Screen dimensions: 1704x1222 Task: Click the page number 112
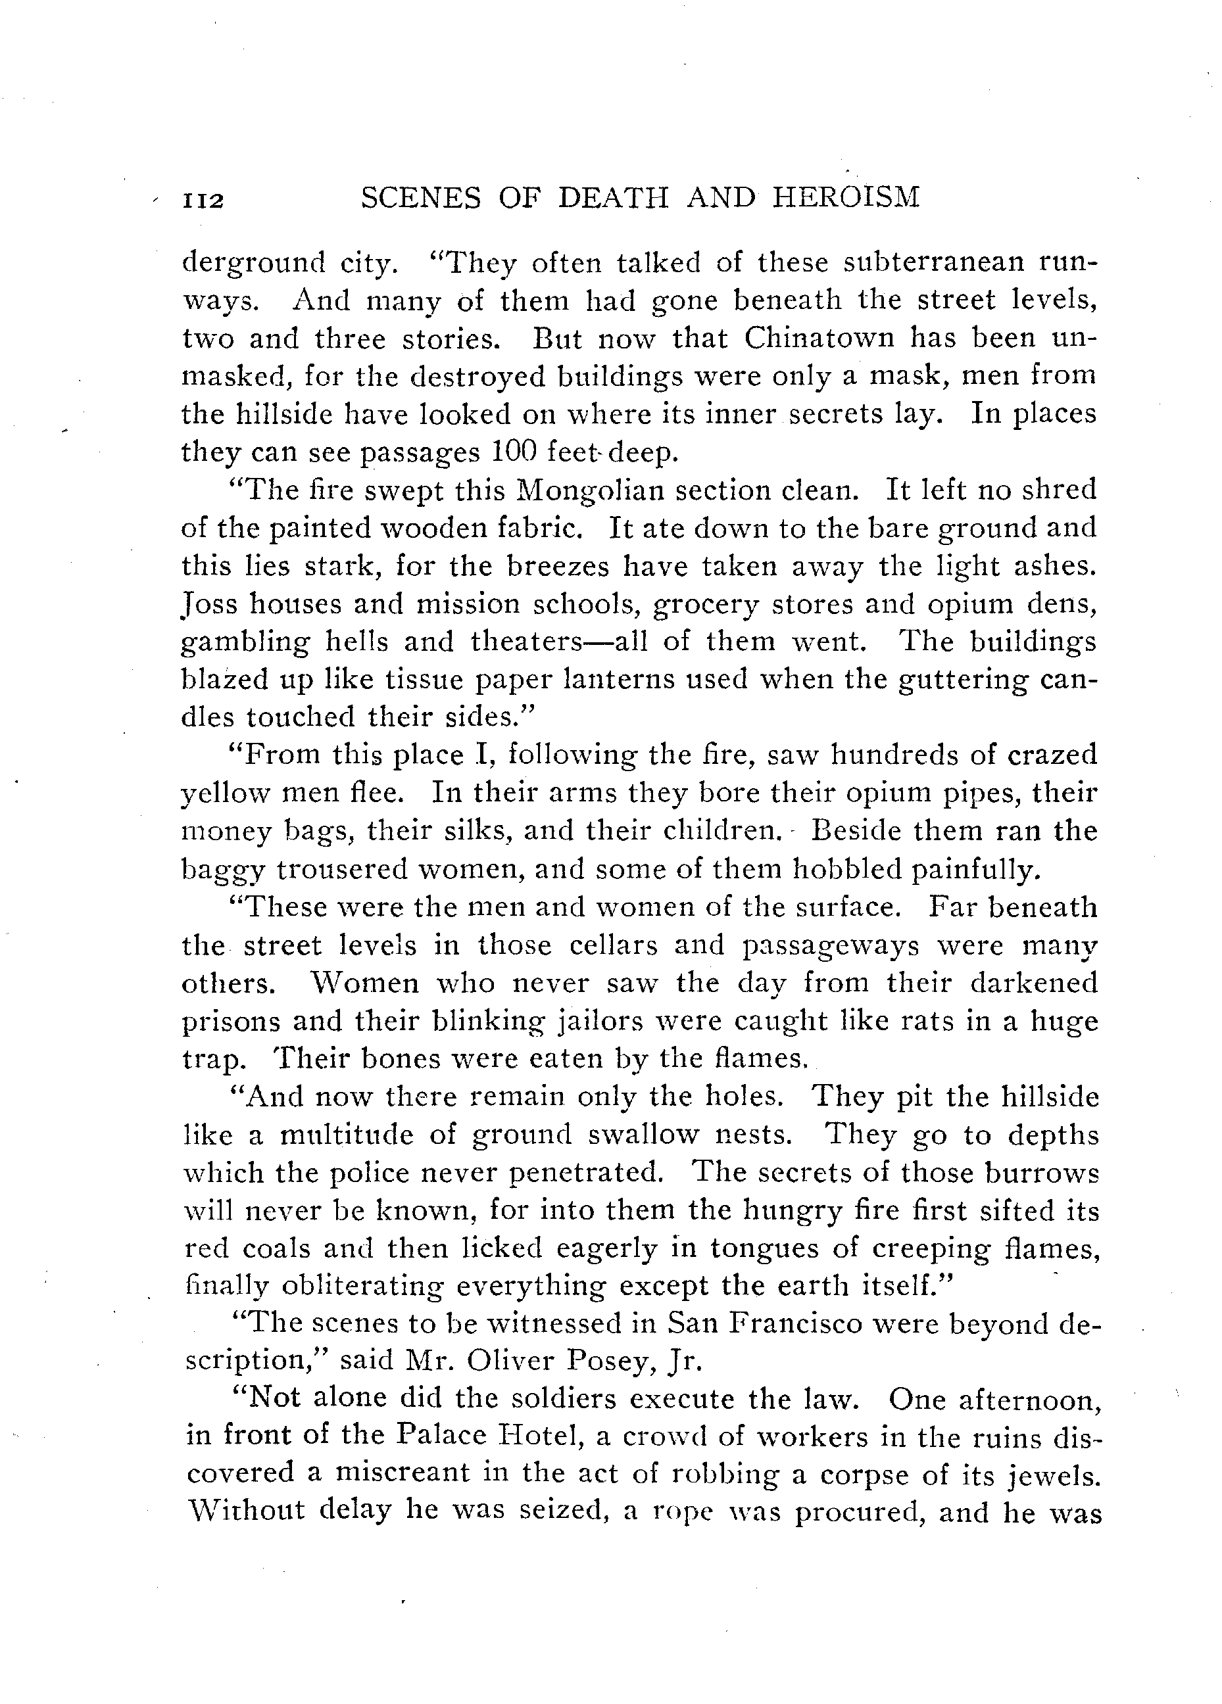204,201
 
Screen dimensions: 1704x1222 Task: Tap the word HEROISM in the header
846,198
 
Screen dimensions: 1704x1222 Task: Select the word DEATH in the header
617,198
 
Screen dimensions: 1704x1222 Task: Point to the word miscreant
403,1475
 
